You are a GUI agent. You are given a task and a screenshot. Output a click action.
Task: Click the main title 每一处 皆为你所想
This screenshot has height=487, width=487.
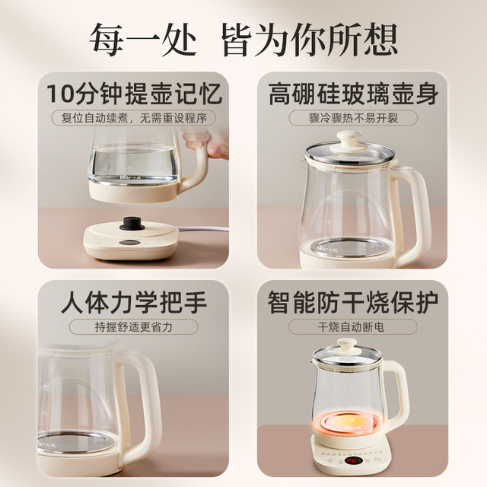(243, 40)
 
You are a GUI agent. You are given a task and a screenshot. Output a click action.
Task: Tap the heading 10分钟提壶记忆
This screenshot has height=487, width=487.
(134, 94)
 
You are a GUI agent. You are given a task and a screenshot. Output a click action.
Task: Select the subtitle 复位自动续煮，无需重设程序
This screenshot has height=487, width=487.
(134, 118)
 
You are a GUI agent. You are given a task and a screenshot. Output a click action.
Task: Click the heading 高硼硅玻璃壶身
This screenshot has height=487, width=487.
(353, 94)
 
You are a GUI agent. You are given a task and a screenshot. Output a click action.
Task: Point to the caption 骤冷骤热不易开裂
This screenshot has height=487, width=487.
(353, 118)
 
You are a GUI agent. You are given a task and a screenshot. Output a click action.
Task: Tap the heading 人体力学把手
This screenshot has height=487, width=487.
(134, 302)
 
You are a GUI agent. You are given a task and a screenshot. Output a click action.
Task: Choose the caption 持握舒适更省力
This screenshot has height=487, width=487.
(134, 326)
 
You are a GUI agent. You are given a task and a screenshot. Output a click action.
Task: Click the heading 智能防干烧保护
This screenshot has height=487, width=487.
(353, 302)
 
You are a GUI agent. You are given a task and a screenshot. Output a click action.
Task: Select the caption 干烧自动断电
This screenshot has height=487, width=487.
(353, 326)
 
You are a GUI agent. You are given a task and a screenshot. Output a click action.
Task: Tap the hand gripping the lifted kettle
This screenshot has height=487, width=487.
(206, 142)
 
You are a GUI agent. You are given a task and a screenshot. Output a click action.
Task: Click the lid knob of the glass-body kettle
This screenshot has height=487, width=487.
(349, 140)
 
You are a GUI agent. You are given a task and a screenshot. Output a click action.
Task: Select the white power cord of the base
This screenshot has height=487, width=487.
(203, 229)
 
